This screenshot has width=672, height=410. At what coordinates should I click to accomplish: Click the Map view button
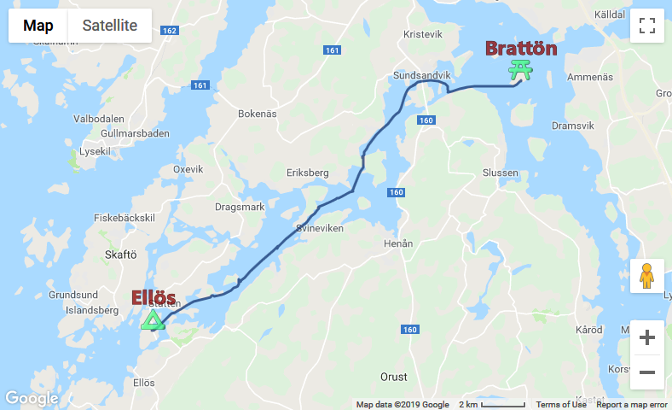(x=38, y=26)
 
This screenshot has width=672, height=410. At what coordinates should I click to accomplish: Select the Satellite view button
(x=109, y=26)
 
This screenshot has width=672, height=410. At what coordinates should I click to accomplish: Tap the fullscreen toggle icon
(x=646, y=26)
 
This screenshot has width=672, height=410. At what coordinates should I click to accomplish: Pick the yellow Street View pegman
(x=646, y=276)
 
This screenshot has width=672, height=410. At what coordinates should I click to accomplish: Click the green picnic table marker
(x=519, y=70)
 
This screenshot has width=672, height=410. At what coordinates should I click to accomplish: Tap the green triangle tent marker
(x=153, y=320)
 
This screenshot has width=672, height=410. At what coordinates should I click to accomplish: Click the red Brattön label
(x=521, y=49)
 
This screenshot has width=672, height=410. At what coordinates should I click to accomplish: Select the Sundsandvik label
(x=421, y=75)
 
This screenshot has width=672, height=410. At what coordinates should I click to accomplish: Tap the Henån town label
(x=398, y=243)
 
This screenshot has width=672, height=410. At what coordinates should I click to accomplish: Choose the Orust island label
(x=393, y=377)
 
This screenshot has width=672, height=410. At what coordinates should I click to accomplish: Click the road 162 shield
(x=169, y=32)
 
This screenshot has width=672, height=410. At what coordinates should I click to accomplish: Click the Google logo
(x=31, y=398)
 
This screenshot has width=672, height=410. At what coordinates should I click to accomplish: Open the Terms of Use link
(x=561, y=405)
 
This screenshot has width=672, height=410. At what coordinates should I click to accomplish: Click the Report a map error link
(x=632, y=405)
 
